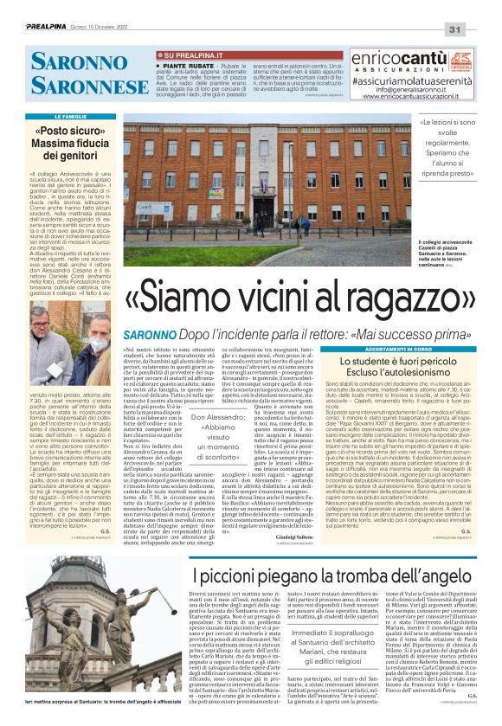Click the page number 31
(x=479, y=29)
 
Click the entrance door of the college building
(x=285, y=212)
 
